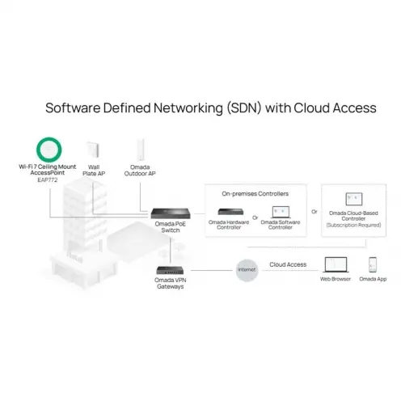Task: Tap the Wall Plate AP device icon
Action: (x=93, y=150)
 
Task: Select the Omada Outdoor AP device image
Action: (x=141, y=150)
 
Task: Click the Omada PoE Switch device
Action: (x=171, y=213)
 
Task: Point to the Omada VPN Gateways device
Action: (x=170, y=270)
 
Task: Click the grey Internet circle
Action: (x=247, y=270)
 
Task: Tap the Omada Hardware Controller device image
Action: (x=230, y=212)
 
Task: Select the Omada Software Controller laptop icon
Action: (x=281, y=212)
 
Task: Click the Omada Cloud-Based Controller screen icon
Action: (x=354, y=199)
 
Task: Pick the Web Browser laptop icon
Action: (x=336, y=264)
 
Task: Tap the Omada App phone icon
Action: (x=373, y=265)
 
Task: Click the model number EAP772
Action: (x=48, y=179)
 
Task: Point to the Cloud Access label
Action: (x=288, y=264)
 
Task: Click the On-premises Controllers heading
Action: (x=255, y=194)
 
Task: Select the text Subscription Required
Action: (x=353, y=225)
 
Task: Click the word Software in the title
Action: (x=73, y=108)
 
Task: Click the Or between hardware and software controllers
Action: (x=255, y=217)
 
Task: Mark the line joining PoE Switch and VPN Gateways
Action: (x=171, y=251)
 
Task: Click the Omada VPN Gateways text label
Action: (x=171, y=283)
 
